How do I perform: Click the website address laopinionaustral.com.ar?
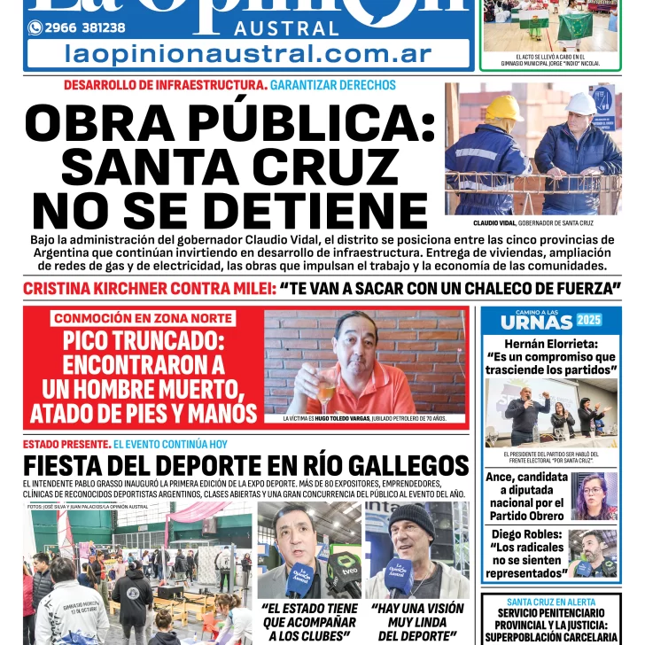248,53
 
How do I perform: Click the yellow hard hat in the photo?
504,108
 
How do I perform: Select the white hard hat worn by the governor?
581,104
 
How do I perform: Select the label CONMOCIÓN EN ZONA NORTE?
143,318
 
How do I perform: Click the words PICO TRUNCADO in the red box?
144,341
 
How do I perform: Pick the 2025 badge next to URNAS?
588,320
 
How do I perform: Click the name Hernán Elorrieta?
550,343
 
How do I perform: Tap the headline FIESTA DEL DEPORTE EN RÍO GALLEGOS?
245,465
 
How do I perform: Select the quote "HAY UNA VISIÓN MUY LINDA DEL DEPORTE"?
417,622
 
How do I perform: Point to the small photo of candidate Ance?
594,496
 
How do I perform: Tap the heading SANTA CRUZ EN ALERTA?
551,601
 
